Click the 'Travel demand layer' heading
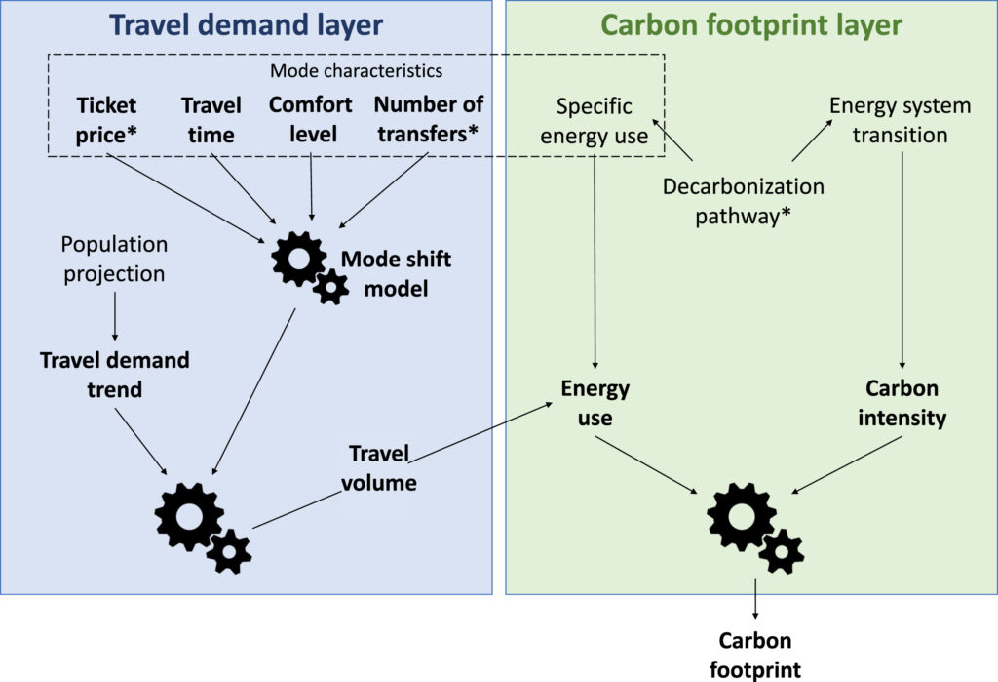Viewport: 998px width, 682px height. click(246, 24)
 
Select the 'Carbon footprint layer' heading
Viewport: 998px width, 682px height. click(750, 24)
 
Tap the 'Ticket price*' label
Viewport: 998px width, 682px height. click(107, 118)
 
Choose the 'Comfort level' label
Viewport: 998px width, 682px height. click(311, 118)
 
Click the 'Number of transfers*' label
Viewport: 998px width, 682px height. click(429, 118)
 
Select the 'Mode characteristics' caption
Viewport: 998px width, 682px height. click(356, 71)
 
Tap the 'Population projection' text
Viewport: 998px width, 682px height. click(114, 259)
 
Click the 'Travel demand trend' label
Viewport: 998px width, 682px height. click(115, 375)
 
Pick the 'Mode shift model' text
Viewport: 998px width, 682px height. click(382, 274)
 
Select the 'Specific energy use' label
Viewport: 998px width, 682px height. click(595, 121)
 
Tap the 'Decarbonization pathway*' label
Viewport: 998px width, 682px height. click(744, 201)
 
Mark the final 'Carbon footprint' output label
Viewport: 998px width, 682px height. click(754, 655)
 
